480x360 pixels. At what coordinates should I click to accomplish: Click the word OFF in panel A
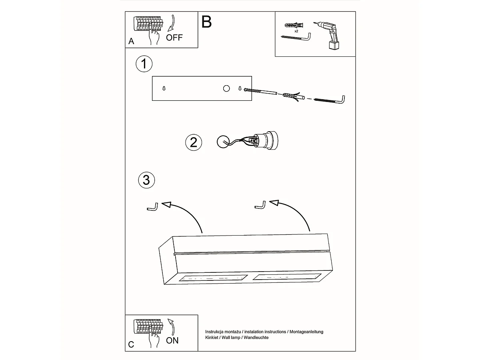coord(174,38)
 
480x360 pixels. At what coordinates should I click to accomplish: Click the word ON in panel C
coord(172,340)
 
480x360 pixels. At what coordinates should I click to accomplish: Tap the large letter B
coord(206,22)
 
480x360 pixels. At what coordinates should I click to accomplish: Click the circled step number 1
coord(144,64)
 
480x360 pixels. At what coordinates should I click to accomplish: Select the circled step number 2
coord(194,142)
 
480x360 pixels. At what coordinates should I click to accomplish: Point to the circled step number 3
coord(146,180)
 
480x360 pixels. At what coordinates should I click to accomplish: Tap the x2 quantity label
coord(296,31)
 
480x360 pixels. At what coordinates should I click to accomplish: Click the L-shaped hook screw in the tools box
coord(298,37)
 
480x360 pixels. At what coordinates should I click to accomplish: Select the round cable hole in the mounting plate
coord(226,88)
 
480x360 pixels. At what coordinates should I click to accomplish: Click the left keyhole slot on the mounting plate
coord(164,88)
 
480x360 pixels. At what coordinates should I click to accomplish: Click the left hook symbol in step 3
coord(152,207)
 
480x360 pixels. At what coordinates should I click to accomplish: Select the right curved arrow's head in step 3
coord(274,203)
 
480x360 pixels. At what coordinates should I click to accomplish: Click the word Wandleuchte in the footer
coord(256,337)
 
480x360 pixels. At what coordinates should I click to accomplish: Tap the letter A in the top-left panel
coord(131,42)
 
